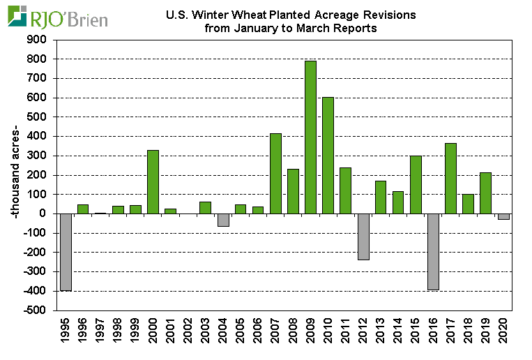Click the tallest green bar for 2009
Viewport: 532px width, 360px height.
pyautogui.click(x=310, y=137)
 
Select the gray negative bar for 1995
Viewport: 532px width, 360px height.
pyautogui.click(x=66, y=252)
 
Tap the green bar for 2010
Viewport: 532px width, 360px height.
pyautogui.click(x=328, y=155)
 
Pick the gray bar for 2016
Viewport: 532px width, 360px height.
pyautogui.click(x=433, y=251)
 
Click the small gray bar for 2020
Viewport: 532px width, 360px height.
pyautogui.click(x=503, y=216)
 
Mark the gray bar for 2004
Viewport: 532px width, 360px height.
pyautogui.click(x=223, y=220)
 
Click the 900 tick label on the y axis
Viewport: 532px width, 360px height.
pyautogui.click(x=39, y=40)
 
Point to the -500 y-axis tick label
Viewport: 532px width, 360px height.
pyautogui.click(x=37, y=310)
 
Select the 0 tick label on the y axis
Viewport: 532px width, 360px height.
pyautogui.click(x=46, y=213)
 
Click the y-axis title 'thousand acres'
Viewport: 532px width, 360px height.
pyautogui.click(x=15, y=174)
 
